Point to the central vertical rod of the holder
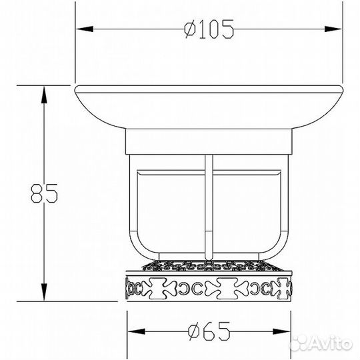209,200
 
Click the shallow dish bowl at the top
209,107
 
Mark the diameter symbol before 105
189,29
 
